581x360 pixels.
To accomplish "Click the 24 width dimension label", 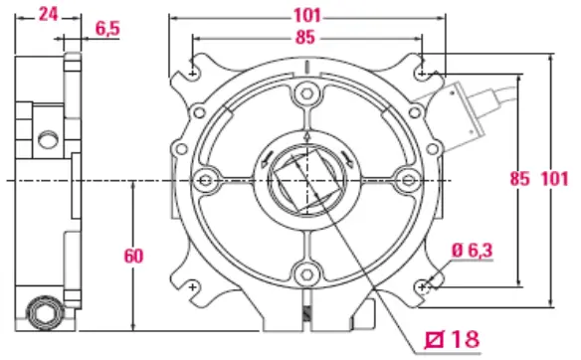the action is [49, 15].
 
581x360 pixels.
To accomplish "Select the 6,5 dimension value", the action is [107, 29].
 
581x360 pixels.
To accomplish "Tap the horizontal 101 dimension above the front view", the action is [307, 16].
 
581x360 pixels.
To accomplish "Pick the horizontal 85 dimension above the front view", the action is [305, 37].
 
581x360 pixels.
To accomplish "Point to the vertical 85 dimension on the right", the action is [519, 179].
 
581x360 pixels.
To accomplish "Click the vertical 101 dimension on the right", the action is [555, 179].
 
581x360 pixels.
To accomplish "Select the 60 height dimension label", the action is [133, 256].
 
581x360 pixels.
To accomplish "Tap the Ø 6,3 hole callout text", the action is [473, 251].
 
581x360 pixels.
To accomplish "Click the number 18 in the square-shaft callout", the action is [466, 338].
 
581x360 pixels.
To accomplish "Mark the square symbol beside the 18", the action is [435, 340].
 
